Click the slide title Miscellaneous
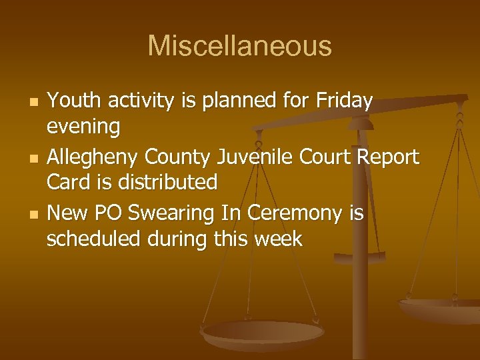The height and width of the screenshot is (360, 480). coord(239,46)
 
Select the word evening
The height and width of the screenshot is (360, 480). coord(83,125)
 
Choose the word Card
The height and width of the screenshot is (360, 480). coord(67,181)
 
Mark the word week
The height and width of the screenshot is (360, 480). coord(277,238)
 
